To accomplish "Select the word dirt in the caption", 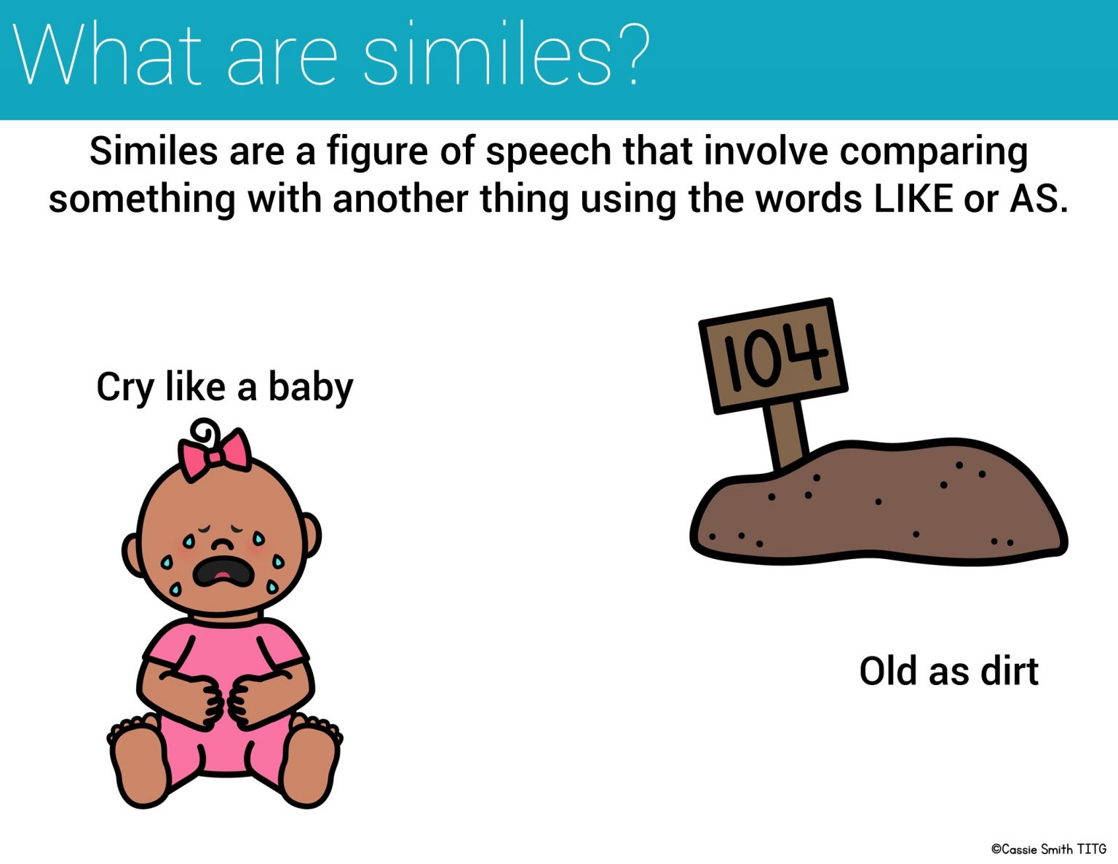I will pyautogui.click(x=1009, y=671).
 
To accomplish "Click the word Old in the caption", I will pyautogui.click(x=888, y=671).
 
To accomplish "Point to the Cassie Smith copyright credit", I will pyautogui.click(x=1048, y=849).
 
